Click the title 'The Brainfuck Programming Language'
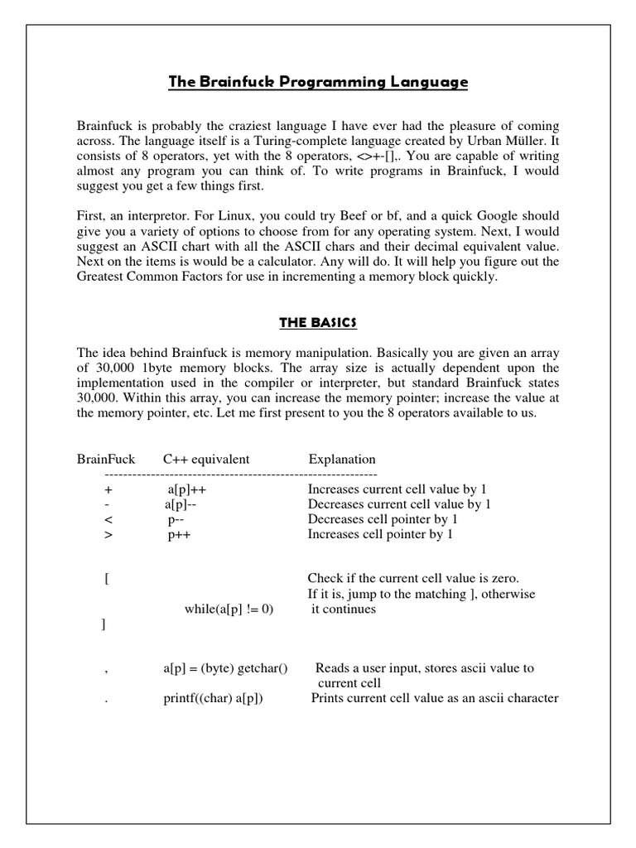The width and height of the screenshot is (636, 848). [318, 82]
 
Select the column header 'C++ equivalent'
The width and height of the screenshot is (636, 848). [206, 459]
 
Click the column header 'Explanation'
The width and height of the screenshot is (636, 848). [342, 459]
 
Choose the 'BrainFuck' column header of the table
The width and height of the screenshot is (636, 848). [105, 459]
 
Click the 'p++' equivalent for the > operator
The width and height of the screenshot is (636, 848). [179, 534]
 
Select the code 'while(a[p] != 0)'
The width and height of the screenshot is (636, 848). [229, 609]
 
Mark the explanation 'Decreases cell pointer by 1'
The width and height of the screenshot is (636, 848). [383, 519]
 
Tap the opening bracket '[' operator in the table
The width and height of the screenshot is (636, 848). [107, 579]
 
